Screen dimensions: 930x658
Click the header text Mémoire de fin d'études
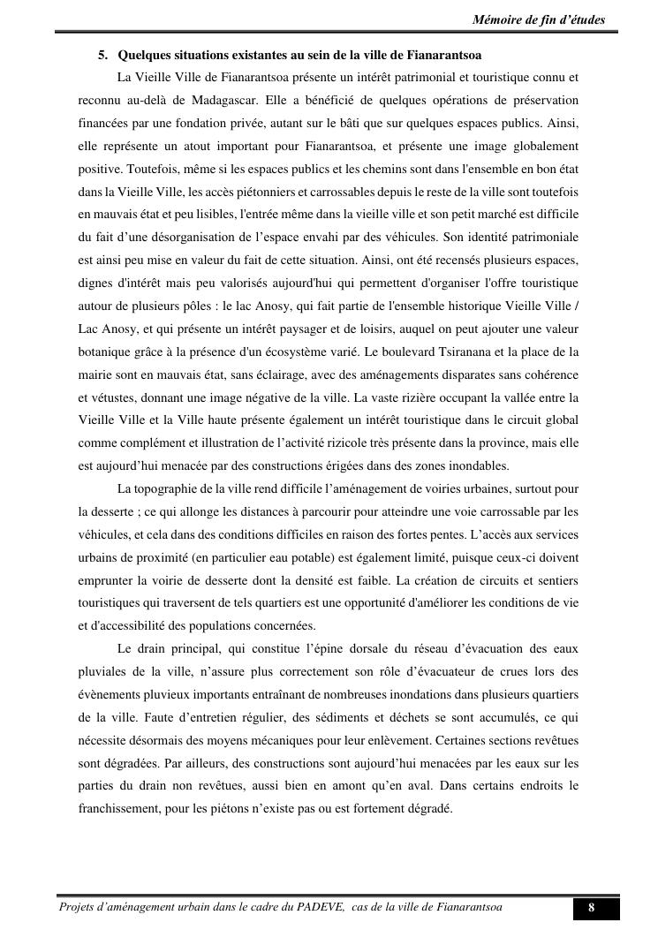click(539, 19)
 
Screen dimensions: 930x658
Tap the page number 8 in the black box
click(591, 908)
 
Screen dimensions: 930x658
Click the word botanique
click(106, 352)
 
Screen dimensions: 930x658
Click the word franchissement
click(128, 808)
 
